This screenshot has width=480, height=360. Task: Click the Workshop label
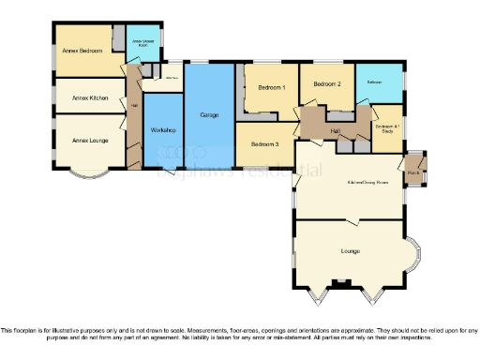161,130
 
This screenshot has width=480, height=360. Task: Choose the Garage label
209,114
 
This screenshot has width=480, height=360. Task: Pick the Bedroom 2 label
326,84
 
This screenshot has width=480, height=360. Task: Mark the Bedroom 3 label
264,144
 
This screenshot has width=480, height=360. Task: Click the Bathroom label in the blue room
374,82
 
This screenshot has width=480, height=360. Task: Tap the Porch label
412,172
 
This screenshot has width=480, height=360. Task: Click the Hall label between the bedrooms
335,130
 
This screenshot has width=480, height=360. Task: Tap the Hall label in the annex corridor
134,105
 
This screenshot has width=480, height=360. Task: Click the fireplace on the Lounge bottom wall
343,282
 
